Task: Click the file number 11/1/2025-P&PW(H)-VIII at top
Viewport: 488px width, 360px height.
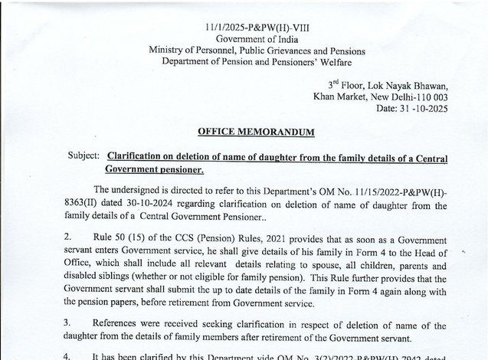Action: click(x=246, y=26)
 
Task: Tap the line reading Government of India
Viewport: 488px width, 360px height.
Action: click(x=246, y=38)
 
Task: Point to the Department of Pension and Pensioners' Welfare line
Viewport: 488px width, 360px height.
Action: click(x=246, y=63)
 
